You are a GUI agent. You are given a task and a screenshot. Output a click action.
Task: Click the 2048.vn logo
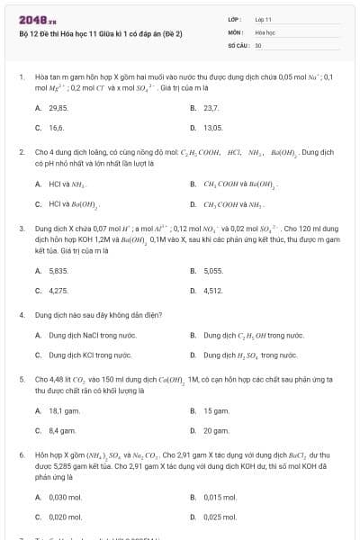[x=31, y=19]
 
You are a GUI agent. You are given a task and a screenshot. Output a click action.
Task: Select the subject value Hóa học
[x=264, y=31]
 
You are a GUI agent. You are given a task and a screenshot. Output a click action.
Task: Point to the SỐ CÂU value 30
[x=258, y=44]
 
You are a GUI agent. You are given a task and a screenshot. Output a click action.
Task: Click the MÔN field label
[x=236, y=31]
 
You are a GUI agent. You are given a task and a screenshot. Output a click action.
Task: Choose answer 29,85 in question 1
[x=58, y=107]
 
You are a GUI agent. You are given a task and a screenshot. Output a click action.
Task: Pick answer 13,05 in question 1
[x=213, y=128]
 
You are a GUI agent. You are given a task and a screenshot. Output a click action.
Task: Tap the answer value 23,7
[x=211, y=107]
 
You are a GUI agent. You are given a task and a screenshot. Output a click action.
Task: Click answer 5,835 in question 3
[x=58, y=270]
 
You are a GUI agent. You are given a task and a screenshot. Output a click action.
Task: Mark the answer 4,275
[x=58, y=291]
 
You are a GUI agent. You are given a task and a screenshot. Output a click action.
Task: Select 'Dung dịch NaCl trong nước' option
[x=86, y=335]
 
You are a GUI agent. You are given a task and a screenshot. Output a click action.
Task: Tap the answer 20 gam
[x=216, y=431]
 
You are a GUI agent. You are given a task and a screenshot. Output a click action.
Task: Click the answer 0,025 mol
[x=219, y=517]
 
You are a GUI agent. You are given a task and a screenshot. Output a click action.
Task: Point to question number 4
[x=21, y=316]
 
